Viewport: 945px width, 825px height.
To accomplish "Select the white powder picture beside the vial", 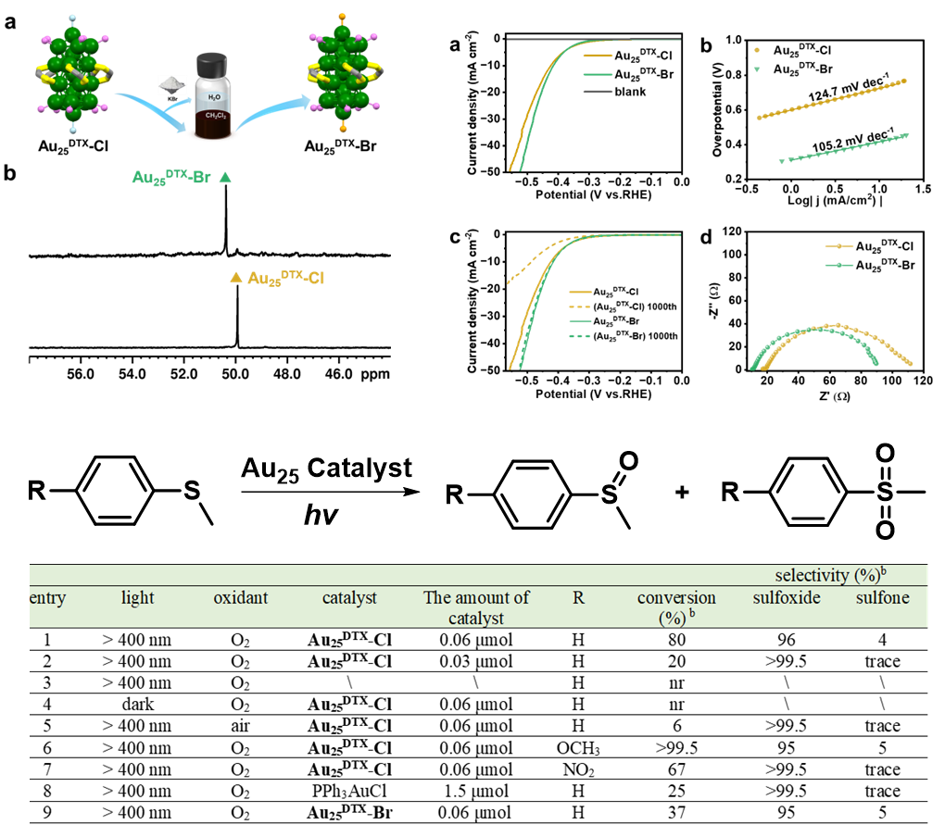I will [172, 84].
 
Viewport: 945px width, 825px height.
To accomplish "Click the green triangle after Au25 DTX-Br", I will [225, 177].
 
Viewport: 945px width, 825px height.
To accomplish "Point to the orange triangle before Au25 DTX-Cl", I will [236, 277].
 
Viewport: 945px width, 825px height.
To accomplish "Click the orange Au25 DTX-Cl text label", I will [285, 278].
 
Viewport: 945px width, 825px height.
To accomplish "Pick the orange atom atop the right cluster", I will [343, 17].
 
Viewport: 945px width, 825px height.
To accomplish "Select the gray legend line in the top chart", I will [598, 92].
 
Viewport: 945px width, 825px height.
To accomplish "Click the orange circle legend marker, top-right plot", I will [757, 50].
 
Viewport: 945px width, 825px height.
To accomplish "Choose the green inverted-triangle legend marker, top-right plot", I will [757, 69].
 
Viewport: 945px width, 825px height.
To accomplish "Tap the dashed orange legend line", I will [580, 306].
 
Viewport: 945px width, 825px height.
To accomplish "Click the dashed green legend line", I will [580, 336].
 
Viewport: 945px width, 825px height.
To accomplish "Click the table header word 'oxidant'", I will [240, 598].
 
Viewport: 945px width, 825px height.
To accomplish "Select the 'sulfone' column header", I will [882, 598].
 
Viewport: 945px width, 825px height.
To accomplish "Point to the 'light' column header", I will [138, 598].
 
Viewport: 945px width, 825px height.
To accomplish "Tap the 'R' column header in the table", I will [578, 598].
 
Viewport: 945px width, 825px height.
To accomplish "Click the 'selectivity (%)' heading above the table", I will [826, 576].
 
